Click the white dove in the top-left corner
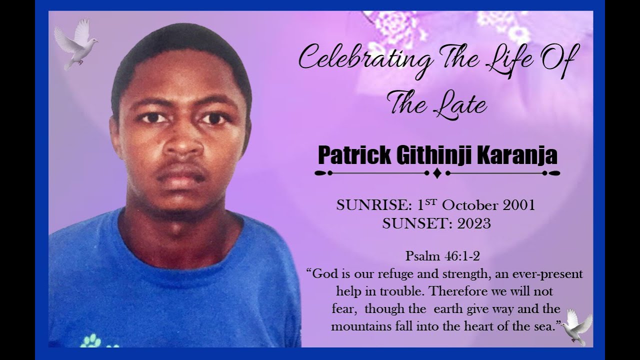point(75,44)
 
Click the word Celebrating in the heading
point(365,59)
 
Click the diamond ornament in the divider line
point(437,173)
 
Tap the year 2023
point(474,224)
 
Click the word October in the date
point(470,205)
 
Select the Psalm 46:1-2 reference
point(442,256)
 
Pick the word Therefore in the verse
point(454,291)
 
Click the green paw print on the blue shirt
point(90,340)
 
